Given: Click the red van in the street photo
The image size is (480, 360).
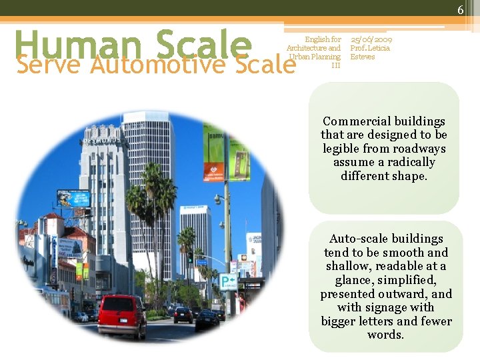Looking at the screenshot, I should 121,316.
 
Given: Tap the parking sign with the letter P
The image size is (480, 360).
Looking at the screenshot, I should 227,281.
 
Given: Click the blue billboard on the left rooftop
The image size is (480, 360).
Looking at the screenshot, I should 73,198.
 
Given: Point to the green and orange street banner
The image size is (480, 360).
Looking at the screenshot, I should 213,153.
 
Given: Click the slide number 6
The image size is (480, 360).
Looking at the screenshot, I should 460,9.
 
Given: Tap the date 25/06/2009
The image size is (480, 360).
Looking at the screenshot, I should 371,39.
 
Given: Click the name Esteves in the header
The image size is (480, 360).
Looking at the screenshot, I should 363,57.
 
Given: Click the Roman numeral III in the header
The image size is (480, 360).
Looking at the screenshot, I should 336,65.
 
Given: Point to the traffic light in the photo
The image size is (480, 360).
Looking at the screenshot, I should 190,255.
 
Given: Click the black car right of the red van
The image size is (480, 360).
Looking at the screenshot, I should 183,315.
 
